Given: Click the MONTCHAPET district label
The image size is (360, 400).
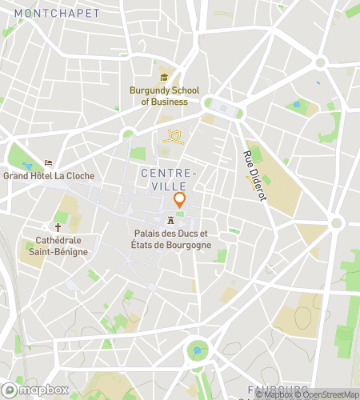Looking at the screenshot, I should coord(57,14).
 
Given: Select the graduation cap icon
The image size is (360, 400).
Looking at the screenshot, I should coord(164,78).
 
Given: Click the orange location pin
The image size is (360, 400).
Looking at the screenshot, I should coord(179,200).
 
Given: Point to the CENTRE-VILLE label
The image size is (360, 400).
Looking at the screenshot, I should coord(167,179).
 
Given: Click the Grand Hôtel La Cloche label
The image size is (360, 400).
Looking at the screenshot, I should coord(49,176).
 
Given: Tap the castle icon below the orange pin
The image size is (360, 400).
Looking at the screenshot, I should coord(170,220).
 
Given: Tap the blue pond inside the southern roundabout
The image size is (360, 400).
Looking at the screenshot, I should coord(197,350).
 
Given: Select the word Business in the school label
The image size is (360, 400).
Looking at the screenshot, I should coord(170,102).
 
